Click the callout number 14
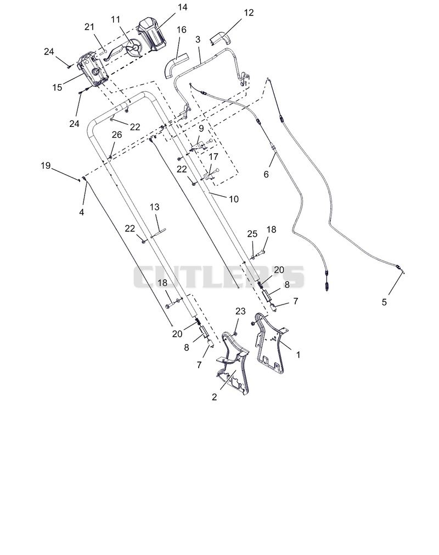[182, 7]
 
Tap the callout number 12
[249, 13]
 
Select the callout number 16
[181, 30]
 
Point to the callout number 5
[384, 302]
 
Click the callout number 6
[266, 175]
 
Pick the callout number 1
[298, 354]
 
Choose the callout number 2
[214, 397]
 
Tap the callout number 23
[240, 312]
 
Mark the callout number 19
[46, 165]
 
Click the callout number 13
[154, 207]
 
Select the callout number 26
[117, 135]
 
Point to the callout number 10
[234, 199]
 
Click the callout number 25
[252, 234]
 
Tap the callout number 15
[57, 87]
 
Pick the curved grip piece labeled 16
[175, 64]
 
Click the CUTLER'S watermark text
[218, 277]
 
